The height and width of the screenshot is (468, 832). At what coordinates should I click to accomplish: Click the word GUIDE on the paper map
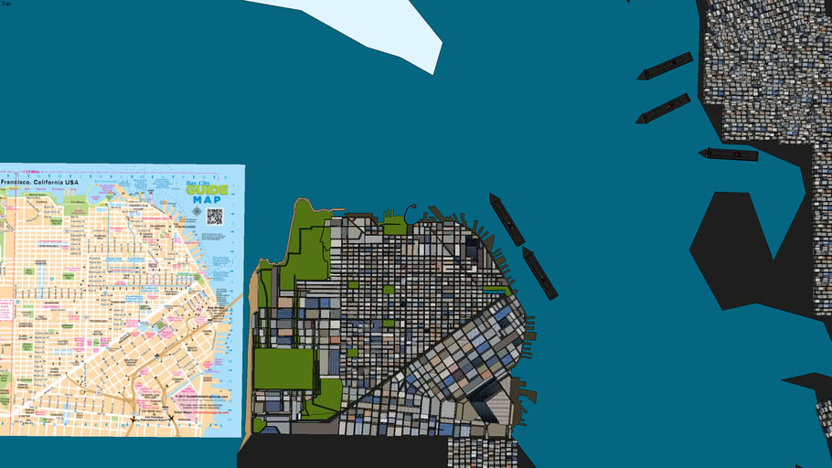click(207, 189)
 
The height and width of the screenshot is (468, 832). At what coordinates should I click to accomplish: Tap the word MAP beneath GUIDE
click(207, 199)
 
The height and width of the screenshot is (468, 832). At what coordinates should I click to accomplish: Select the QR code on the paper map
click(215, 216)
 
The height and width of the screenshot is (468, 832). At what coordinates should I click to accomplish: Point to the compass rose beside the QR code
click(197, 212)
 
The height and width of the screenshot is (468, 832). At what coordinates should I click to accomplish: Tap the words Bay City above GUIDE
click(204, 181)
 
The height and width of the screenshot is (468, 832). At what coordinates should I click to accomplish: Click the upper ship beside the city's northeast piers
click(507, 219)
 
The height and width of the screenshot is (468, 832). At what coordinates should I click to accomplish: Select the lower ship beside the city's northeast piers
click(539, 272)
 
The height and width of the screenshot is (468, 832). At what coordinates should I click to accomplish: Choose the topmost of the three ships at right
click(665, 66)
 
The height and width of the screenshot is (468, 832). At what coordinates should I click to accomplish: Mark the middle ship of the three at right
click(663, 108)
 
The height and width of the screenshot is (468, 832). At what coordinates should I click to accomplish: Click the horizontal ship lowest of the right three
click(730, 154)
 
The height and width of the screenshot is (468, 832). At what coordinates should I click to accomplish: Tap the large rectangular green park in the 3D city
click(283, 367)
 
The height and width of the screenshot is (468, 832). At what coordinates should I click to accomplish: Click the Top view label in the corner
click(5, 4)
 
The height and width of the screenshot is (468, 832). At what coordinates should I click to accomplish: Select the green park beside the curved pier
click(395, 225)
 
